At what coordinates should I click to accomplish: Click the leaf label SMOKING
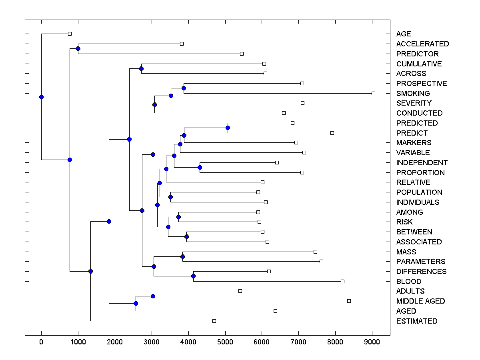point(413,93)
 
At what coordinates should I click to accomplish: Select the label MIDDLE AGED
point(420,301)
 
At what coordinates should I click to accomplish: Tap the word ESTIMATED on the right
point(416,321)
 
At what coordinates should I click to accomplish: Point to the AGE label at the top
point(403,34)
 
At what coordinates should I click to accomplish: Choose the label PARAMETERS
point(420,262)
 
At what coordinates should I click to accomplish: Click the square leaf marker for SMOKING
point(373,93)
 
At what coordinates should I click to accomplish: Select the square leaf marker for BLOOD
point(342,281)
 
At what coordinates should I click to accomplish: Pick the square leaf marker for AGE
point(70,34)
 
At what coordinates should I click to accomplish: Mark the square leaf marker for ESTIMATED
point(214,321)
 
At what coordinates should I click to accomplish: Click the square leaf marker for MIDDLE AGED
point(349,301)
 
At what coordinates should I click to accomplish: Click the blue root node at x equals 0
point(41,97)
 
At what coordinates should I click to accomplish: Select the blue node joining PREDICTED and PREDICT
point(228,128)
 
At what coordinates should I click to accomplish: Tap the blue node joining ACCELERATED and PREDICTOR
point(78,48)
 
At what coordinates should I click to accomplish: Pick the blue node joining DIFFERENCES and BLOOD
point(193,276)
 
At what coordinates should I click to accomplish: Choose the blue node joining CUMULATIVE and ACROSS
point(141,68)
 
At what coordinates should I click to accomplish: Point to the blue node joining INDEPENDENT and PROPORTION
point(200,167)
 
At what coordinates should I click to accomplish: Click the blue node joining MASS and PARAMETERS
point(182,256)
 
